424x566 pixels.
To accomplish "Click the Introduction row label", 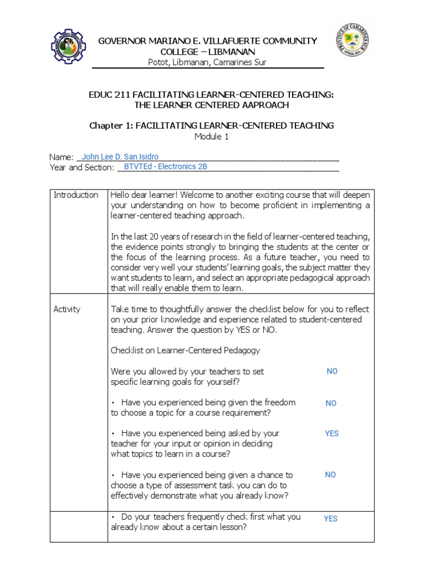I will point(76,195).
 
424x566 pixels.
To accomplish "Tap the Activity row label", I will point(67,309).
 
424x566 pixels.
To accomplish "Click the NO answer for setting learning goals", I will point(332,371).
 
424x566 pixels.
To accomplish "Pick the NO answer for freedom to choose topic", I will point(331,403).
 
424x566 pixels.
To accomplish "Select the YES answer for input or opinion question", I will point(331,434).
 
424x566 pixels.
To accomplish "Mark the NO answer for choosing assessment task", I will point(330,475).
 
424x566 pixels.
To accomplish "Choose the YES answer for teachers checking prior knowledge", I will point(331,518).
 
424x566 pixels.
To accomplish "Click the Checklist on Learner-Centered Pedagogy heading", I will point(185,350).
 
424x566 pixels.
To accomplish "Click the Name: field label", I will point(61,158).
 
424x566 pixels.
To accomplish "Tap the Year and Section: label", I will point(81,167).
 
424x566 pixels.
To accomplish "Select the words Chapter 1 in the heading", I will point(108,125).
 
